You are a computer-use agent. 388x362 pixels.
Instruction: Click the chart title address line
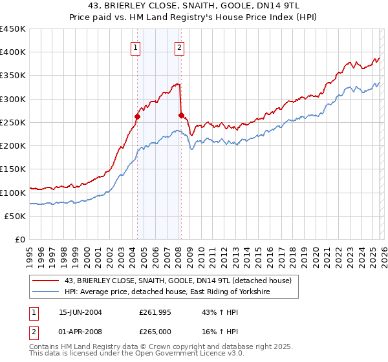coord(194,6)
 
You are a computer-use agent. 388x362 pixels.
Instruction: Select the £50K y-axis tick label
coord(15,217)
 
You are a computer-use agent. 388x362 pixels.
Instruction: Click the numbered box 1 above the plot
coord(136,47)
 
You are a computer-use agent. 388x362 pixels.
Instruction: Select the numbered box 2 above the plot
coord(179,47)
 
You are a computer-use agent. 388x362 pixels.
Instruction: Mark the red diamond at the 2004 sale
coord(138,117)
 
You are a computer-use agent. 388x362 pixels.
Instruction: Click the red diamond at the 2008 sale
coord(181,116)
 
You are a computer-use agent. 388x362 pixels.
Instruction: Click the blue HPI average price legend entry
coord(167,292)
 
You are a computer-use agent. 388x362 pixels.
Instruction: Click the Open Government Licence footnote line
coord(120,356)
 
